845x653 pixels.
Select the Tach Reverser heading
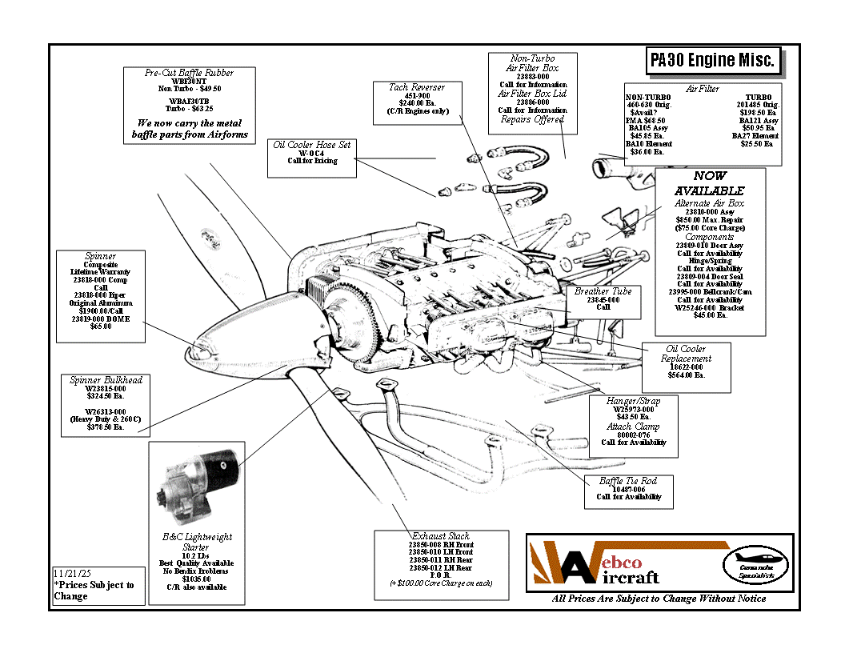tap(416, 87)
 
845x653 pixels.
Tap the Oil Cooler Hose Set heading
tap(312, 145)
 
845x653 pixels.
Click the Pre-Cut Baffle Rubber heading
tap(190, 73)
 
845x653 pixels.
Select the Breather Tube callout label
tap(603, 291)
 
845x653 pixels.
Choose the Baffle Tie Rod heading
tap(628, 481)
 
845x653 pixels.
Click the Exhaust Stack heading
tap(441, 536)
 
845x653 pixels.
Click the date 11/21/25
tap(74, 574)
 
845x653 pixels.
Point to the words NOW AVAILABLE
tap(710, 183)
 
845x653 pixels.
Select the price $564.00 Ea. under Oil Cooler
tap(687, 375)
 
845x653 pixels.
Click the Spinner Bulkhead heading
tap(106, 380)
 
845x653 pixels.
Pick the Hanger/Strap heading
tap(633, 401)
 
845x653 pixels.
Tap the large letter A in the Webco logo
tap(576, 567)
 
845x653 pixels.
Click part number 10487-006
tap(628, 489)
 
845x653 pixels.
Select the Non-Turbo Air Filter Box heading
tap(533, 64)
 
